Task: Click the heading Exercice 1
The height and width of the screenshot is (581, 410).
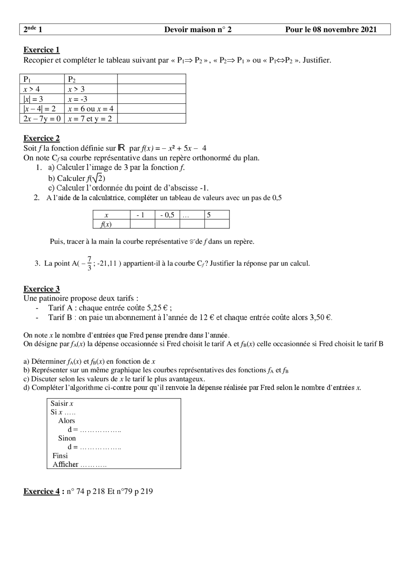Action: click(x=41, y=50)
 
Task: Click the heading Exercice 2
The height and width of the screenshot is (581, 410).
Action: click(x=41, y=138)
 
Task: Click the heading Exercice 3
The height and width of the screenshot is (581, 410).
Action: click(x=41, y=289)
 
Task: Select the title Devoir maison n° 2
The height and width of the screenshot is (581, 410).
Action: click(x=198, y=30)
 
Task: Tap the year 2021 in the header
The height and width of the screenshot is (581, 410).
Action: click(x=368, y=30)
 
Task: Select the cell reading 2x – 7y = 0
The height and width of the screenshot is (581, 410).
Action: click(x=42, y=119)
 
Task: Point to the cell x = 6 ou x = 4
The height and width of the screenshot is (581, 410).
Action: click(x=91, y=109)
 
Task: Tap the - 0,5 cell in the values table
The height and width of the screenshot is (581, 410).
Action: click(x=167, y=215)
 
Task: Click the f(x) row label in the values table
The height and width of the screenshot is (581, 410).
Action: click(x=106, y=224)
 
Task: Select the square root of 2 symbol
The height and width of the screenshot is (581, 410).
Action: click(x=98, y=178)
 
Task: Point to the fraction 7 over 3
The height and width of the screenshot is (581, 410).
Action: click(x=89, y=263)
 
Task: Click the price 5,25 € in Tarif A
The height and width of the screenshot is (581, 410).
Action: click(x=157, y=308)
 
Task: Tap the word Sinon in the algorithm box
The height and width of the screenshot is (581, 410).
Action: click(x=67, y=438)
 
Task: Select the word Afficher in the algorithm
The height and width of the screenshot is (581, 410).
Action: click(x=65, y=464)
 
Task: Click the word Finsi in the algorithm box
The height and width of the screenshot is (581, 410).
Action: click(x=60, y=456)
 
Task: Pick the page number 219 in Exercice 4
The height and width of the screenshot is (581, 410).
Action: click(x=146, y=491)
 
